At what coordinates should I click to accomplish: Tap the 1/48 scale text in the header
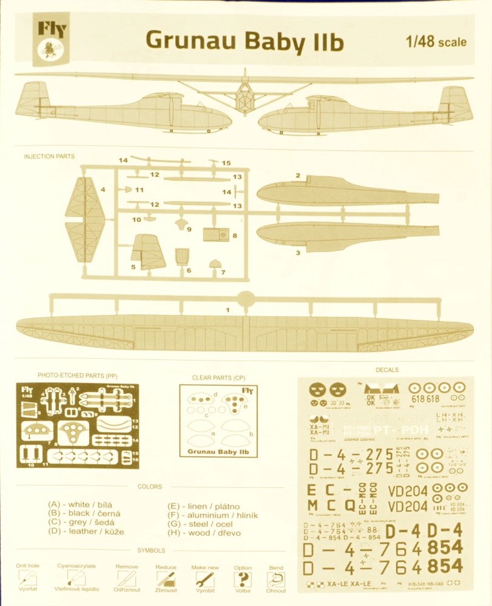pyautogui.click(x=436, y=42)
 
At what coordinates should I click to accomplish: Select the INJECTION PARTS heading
pyautogui.click(x=49, y=156)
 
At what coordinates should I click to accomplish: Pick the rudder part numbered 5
pyautogui.click(x=148, y=252)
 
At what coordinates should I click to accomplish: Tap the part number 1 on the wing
pyautogui.click(x=228, y=310)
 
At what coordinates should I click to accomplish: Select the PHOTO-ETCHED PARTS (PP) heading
pyautogui.click(x=77, y=375)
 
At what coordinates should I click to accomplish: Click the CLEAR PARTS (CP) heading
pyautogui.click(x=218, y=378)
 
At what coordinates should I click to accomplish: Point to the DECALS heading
pyautogui.click(x=387, y=370)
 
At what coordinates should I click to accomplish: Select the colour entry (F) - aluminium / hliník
pyautogui.click(x=213, y=514)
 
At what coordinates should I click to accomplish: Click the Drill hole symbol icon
pyautogui.click(x=27, y=578)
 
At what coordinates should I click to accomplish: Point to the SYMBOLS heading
pyautogui.click(x=151, y=550)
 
